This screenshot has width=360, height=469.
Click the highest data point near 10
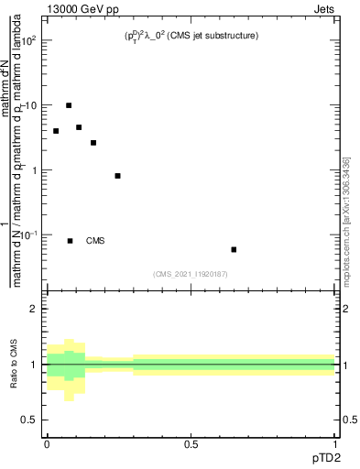69,105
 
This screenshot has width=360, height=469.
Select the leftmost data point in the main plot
56,131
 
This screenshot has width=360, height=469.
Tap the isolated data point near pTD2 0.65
234,249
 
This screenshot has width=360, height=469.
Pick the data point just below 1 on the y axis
118,175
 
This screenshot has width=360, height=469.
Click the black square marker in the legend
70,241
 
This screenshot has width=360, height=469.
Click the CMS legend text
95,241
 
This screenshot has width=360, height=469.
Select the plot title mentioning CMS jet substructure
191,36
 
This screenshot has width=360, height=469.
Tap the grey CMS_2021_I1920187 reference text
191,273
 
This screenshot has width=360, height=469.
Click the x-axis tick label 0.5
191,444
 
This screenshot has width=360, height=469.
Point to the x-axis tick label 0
47,444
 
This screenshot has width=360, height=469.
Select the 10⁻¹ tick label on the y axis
30,235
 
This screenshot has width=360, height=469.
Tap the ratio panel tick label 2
37,310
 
